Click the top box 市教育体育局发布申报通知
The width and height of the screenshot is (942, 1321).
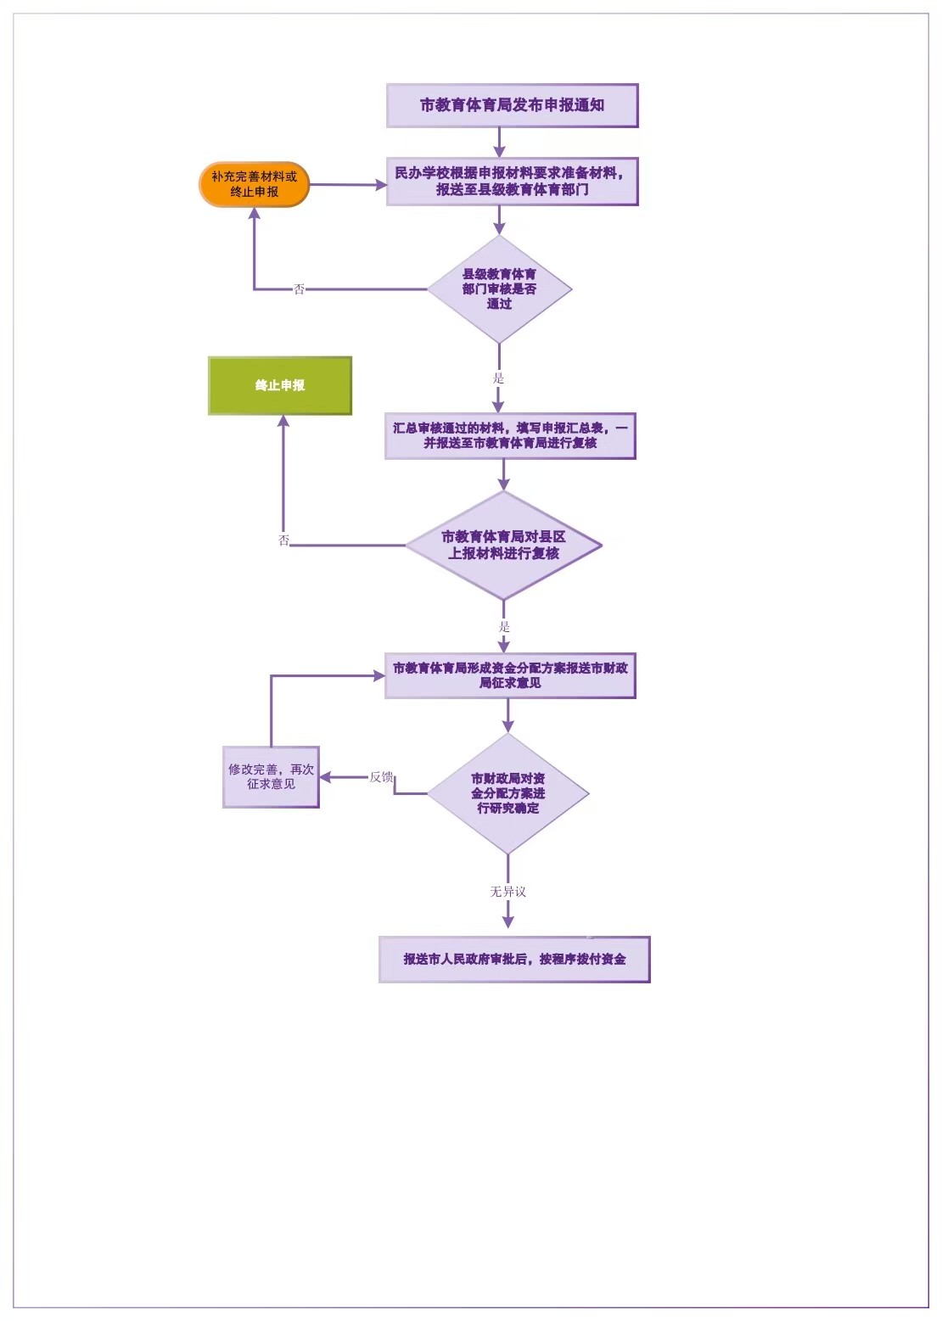pyautogui.click(x=512, y=106)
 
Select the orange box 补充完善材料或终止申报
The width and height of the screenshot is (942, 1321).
pyautogui.click(x=255, y=185)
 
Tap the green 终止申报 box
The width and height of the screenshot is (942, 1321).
pyautogui.click(x=280, y=386)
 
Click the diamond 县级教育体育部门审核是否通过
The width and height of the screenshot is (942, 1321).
pyautogui.click(x=499, y=289)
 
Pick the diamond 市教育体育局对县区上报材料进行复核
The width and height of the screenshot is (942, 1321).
pyautogui.click(x=503, y=546)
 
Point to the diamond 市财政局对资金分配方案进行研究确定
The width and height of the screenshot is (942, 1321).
pyautogui.click(x=507, y=793)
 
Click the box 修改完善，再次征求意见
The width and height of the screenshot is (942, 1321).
pyautogui.click(x=271, y=777)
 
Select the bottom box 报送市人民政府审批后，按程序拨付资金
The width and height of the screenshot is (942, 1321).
pyautogui.click(x=514, y=960)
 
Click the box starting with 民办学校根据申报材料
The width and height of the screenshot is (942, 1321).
pyautogui.click(x=512, y=182)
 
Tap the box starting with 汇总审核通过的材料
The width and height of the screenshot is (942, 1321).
pyautogui.click(x=510, y=436)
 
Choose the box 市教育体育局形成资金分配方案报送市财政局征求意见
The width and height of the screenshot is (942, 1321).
pyautogui.click(x=510, y=675)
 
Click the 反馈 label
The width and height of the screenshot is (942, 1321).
pyautogui.click(x=381, y=777)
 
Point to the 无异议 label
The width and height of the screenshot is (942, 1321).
pyautogui.click(x=507, y=892)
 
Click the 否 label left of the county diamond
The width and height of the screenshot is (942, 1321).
pyautogui.click(x=299, y=289)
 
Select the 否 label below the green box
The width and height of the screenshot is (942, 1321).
pyautogui.click(x=284, y=540)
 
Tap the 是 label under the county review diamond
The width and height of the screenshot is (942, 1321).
pyautogui.click(x=498, y=378)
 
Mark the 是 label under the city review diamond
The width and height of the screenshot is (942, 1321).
pyautogui.click(x=504, y=627)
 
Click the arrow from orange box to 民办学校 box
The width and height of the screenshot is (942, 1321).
pyautogui.click(x=348, y=185)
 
